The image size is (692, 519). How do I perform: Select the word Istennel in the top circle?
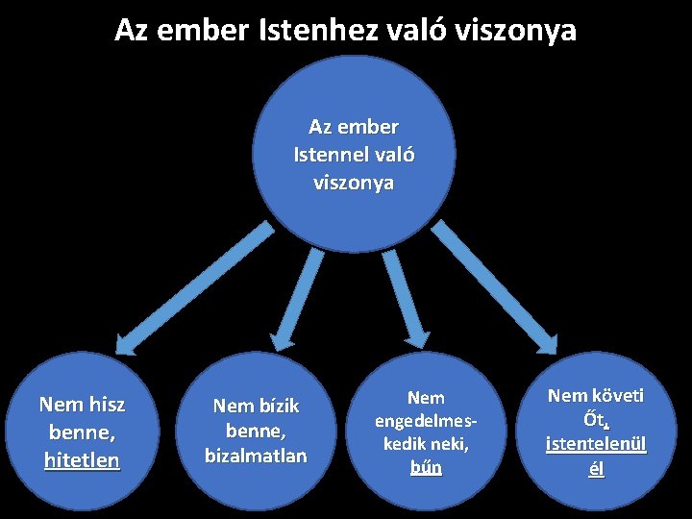[x=328, y=155]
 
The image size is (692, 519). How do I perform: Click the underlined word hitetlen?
[x=82, y=460]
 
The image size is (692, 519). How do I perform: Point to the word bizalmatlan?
[x=256, y=454]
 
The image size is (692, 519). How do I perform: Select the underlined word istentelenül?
[x=596, y=445]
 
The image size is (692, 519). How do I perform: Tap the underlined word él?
[x=596, y=470]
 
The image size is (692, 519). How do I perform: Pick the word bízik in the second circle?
[x=278, y=406]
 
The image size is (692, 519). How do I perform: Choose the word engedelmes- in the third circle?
[x=426, y=421]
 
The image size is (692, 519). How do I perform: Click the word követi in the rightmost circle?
[x=617, y=395]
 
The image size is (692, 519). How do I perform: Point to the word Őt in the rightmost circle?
[x=594, y=420]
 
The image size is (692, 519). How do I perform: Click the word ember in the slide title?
[x=209, y=30]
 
